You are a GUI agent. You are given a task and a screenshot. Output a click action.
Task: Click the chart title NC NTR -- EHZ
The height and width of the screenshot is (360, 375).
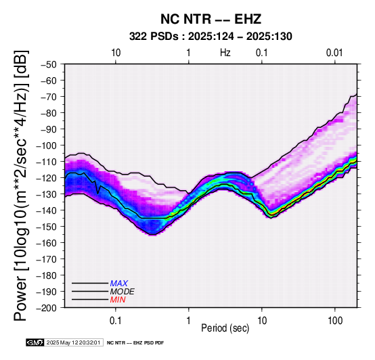pyautogui.click(x=211, y=19)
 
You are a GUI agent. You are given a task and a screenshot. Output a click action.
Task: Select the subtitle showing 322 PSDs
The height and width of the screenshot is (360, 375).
pyautogui.click(x=211, y=37)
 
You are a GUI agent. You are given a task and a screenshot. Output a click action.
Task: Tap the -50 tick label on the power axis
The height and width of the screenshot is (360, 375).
pyautogui.click(x=49, y=64)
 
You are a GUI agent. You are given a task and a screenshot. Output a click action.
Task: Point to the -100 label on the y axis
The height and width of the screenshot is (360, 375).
pyautogui.click(x=47, y=145)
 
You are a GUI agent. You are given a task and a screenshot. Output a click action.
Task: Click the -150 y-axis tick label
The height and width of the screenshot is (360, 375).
pyautogui.click(x=47, y=227)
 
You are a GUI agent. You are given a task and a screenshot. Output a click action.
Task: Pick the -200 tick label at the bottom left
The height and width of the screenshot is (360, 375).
pyautogui.click(x=47, y=308)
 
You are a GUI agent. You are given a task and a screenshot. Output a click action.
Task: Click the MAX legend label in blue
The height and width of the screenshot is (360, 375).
pyautogui.click(x=119, y=284)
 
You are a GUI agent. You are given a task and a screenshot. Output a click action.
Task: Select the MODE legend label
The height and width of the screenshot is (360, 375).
pyautogui.click(x=123, y=292)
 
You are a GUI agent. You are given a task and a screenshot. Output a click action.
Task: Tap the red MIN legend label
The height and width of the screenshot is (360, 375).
pyautogui.click(x=118, y=300)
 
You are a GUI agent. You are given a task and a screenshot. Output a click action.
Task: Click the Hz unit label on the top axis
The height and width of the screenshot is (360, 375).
pyautogui.click(x=225, y=53)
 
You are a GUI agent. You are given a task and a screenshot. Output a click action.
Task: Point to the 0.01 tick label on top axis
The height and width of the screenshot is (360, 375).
pyautogui.click(x=334, y=53)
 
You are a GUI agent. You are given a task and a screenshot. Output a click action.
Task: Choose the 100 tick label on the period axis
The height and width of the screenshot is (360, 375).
pyautogui.click(x=335, y=321)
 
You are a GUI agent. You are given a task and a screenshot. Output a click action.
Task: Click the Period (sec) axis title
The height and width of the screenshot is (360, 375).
pyautogui.click(x=225, y=328)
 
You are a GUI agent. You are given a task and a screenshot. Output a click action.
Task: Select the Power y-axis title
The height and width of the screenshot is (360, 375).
pyautogui.click(x=21, y=185)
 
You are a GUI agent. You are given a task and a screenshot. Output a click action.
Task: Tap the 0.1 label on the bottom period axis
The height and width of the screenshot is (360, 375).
pyautogui.click(x=116, y=321)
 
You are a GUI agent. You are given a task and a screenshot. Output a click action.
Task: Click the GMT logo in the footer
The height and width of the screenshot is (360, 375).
pyautogui.click(x=35, y=343)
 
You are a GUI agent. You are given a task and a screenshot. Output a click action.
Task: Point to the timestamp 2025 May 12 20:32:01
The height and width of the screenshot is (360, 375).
pyautogui.click(x=73, y=343)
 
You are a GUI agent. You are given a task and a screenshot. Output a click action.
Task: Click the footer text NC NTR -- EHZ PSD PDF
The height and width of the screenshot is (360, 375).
pyautogui.click(x=135, y=343)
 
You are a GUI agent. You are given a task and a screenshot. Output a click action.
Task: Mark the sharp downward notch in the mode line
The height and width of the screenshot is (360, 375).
pyautogui.click(x=98, y=194)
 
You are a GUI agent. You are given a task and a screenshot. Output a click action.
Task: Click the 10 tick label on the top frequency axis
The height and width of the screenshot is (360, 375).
pyautogui.click(x=116, y=53)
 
